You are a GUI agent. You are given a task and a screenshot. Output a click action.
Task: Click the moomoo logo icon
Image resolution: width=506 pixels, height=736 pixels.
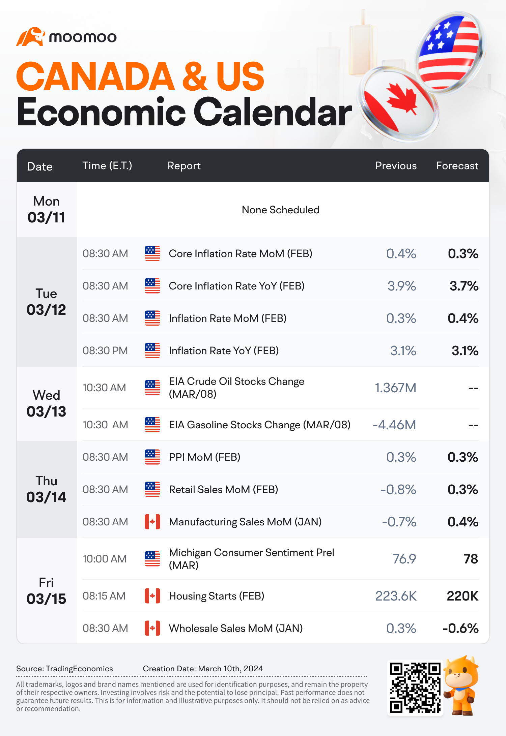click(31, 36)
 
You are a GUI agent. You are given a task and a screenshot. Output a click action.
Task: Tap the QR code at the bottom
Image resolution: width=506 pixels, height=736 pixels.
click(415, 687)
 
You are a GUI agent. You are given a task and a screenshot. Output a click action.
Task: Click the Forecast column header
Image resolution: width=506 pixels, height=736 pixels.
click(457, 166)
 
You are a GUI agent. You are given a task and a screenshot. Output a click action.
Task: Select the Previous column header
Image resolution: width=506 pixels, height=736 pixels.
click(396, 166)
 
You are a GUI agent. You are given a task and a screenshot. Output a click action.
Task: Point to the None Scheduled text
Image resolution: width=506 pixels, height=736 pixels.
click(281, 210)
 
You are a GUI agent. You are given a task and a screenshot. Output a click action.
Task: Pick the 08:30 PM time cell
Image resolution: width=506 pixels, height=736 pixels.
click(105, 351)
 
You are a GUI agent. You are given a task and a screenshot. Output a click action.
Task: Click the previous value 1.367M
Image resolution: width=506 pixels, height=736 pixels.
click(396, 388)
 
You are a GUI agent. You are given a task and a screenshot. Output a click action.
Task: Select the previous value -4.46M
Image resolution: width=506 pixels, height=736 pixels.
click(394, 425)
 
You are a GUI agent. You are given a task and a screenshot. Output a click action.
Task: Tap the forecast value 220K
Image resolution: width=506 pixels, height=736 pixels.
click(462, 596)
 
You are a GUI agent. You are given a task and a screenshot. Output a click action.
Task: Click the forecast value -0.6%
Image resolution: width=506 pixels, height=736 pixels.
click(461, 628)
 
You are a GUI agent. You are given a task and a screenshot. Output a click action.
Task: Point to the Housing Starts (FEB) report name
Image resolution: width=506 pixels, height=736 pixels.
click(217, 596)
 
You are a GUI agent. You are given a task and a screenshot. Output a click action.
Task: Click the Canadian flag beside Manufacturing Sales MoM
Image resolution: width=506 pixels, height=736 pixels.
click(152, 522)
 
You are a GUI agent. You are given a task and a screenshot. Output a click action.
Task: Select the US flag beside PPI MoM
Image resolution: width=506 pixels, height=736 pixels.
click(152, 457)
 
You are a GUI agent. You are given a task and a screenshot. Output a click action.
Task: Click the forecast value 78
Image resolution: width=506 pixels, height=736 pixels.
click(471, 559)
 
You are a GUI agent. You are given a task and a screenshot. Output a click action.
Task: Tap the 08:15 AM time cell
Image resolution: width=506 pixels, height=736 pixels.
click(104, 596)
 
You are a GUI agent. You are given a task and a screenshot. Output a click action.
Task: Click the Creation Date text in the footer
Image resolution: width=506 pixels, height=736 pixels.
click(203, 669)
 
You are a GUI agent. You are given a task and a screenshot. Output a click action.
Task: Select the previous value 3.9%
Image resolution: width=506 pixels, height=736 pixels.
click(402, 286)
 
